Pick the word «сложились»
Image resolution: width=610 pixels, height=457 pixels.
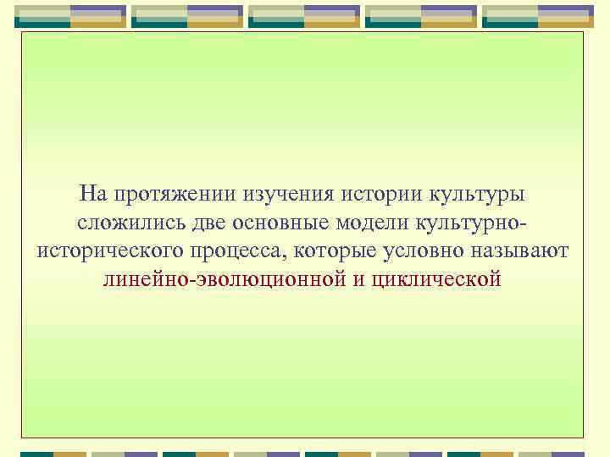pos(124,223)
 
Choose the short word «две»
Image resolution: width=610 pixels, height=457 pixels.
pos(198,223)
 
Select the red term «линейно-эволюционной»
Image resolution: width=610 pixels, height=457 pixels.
pos(223,278)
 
